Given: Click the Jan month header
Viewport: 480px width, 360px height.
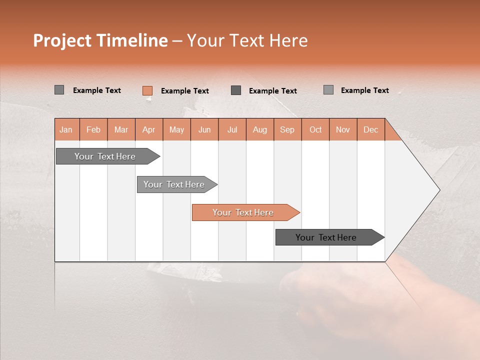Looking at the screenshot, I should [66, 129].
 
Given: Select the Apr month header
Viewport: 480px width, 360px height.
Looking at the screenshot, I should [148, 129].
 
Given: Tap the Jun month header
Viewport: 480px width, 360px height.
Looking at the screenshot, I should [204, 129].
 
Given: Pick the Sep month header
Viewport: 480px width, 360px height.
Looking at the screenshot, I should [287, 129].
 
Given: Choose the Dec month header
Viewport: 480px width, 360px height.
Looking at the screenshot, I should [370, 129].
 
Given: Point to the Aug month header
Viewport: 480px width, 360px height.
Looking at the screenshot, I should [259, 129].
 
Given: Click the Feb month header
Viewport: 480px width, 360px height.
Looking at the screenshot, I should [93, 129].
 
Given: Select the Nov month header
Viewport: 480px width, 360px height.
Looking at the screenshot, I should [342, 129].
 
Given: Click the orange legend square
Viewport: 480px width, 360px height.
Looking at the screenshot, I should [147, 90].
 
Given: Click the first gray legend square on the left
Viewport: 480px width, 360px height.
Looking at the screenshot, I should [59, 90].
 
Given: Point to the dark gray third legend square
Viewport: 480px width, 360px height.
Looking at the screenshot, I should [236, 90].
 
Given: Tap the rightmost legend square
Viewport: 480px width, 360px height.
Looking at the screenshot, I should [328, 90].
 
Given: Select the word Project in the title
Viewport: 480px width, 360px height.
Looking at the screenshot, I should [62, 40].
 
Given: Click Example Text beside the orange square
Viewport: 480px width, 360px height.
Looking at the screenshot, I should [184, 91].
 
